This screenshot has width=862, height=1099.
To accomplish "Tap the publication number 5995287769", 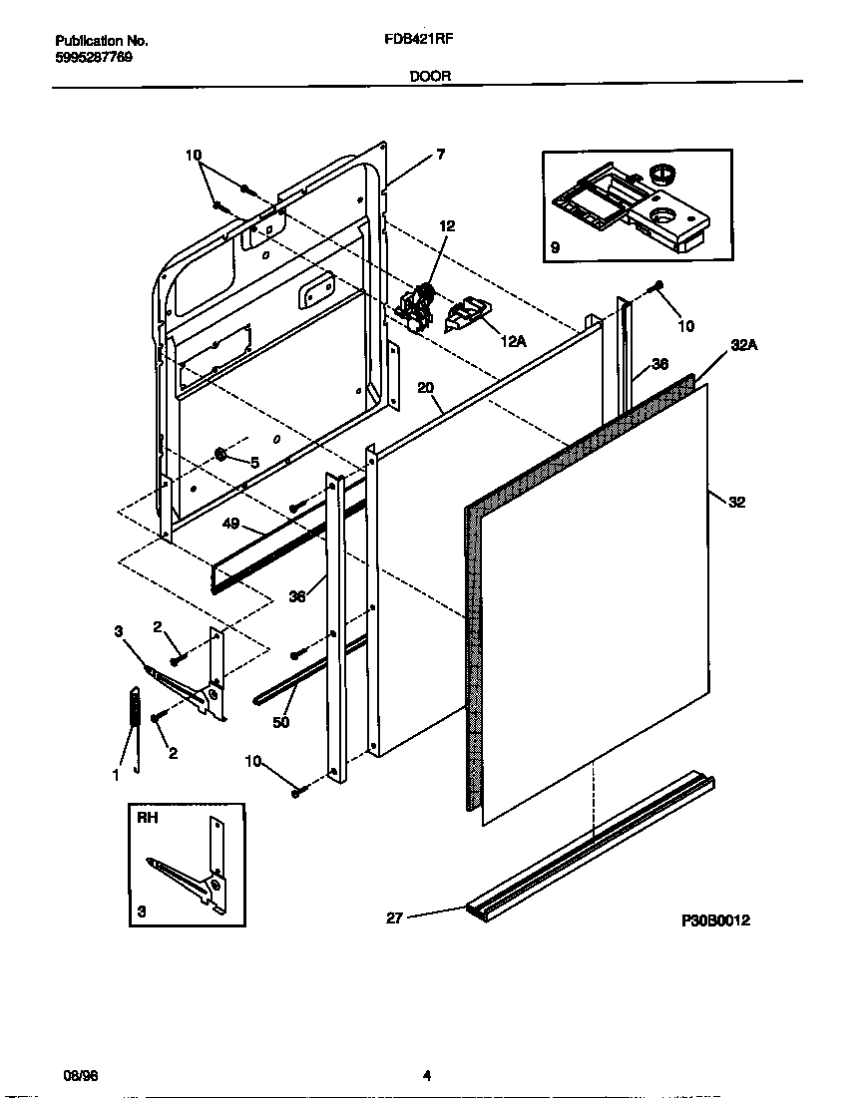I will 94,58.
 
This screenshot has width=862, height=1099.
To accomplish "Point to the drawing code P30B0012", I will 714,920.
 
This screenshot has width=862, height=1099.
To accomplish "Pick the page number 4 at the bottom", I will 426,1076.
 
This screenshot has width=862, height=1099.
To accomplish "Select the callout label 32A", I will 744,346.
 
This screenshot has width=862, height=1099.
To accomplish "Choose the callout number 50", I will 281,722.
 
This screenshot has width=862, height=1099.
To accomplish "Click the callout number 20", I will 426,389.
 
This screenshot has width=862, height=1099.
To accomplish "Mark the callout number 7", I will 440,155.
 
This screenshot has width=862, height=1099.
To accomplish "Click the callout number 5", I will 253,463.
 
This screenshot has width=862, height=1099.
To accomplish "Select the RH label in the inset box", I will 147,817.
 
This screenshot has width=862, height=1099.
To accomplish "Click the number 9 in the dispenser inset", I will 555,246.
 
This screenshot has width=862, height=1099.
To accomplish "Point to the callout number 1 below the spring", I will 117,773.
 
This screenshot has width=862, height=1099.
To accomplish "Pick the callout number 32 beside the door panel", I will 737,503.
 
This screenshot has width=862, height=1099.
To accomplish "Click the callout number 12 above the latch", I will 447,226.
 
